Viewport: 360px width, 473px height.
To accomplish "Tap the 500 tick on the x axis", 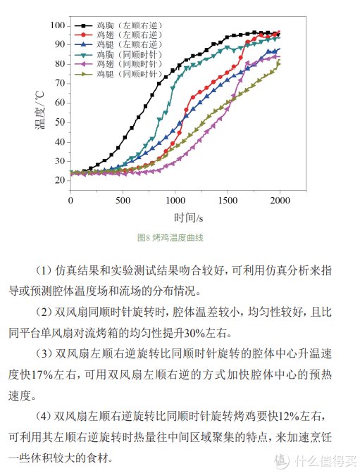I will coord(123,200).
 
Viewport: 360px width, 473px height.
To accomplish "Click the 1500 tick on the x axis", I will coord(228,200).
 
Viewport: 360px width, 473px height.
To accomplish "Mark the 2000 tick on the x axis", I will coord(280,200).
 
